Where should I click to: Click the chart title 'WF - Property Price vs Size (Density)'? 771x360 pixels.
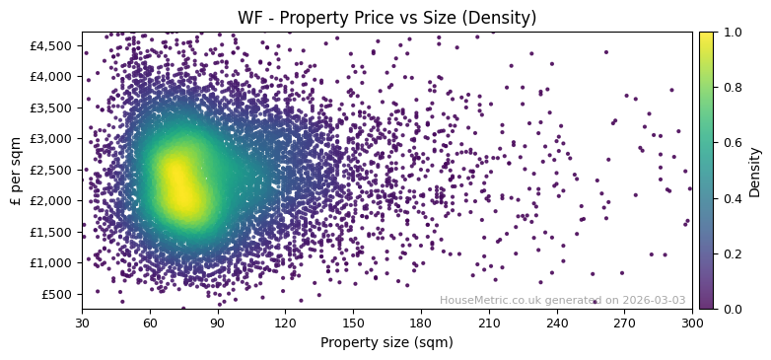(x=386, y=18)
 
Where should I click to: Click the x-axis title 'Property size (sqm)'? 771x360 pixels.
(x=386, y=343)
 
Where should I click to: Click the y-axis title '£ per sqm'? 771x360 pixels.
(x=16, y=171)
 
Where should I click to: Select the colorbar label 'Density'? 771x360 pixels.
(x=755, y=171)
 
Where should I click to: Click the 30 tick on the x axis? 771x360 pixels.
(x=82, y=323)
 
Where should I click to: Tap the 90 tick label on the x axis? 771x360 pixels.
(x=218, y=323)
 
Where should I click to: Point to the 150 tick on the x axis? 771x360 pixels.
(x=353, y=323)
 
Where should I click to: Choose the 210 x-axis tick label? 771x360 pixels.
(x=489, y=323)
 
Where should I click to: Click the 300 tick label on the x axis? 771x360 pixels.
(x=692, y=323)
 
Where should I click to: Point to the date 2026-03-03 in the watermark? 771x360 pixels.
(x=654, y=301)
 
